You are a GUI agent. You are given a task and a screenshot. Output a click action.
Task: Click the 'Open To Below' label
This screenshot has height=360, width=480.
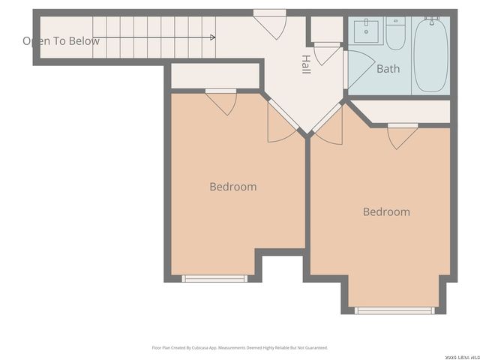click(61, 41)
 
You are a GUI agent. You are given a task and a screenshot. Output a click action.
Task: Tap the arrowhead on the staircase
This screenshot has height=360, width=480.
click(214, 37)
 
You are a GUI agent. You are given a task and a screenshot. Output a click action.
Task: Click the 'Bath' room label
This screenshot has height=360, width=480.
click(388, 69)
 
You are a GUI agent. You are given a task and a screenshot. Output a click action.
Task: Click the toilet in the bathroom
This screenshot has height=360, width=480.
click(395, 33)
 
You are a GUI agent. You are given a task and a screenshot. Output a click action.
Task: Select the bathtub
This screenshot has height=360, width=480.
click(430, 54)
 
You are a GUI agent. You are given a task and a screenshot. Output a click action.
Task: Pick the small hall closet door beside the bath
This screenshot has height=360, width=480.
click(326, 54)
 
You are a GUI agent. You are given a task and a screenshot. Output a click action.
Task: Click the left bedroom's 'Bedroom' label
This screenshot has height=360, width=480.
click(232, 187)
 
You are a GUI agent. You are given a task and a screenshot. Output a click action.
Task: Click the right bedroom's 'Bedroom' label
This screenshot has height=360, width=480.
click(386, 211)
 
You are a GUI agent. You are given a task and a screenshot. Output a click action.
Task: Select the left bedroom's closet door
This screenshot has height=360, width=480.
click(221, 101)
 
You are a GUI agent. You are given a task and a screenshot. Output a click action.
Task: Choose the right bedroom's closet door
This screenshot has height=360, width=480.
click(402, 135)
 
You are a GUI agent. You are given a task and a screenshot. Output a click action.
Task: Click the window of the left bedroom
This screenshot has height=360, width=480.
click(214, 278)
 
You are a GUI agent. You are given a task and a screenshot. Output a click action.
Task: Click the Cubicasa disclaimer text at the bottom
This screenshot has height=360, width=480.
click(240, 348)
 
